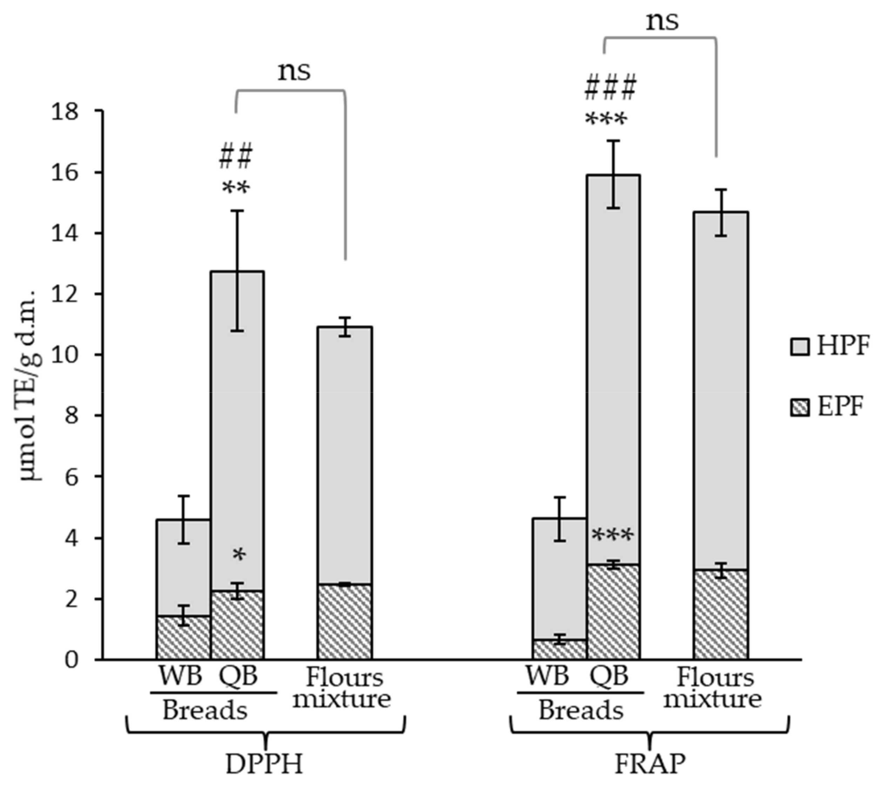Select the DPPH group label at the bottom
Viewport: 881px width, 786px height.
(264, 764)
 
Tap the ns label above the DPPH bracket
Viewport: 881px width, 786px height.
(294, 71)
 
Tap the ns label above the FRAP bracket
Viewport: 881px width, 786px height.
(662, 21)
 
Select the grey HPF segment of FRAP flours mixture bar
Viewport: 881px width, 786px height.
(720, 389)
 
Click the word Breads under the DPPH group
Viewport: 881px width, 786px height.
(204, 710)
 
